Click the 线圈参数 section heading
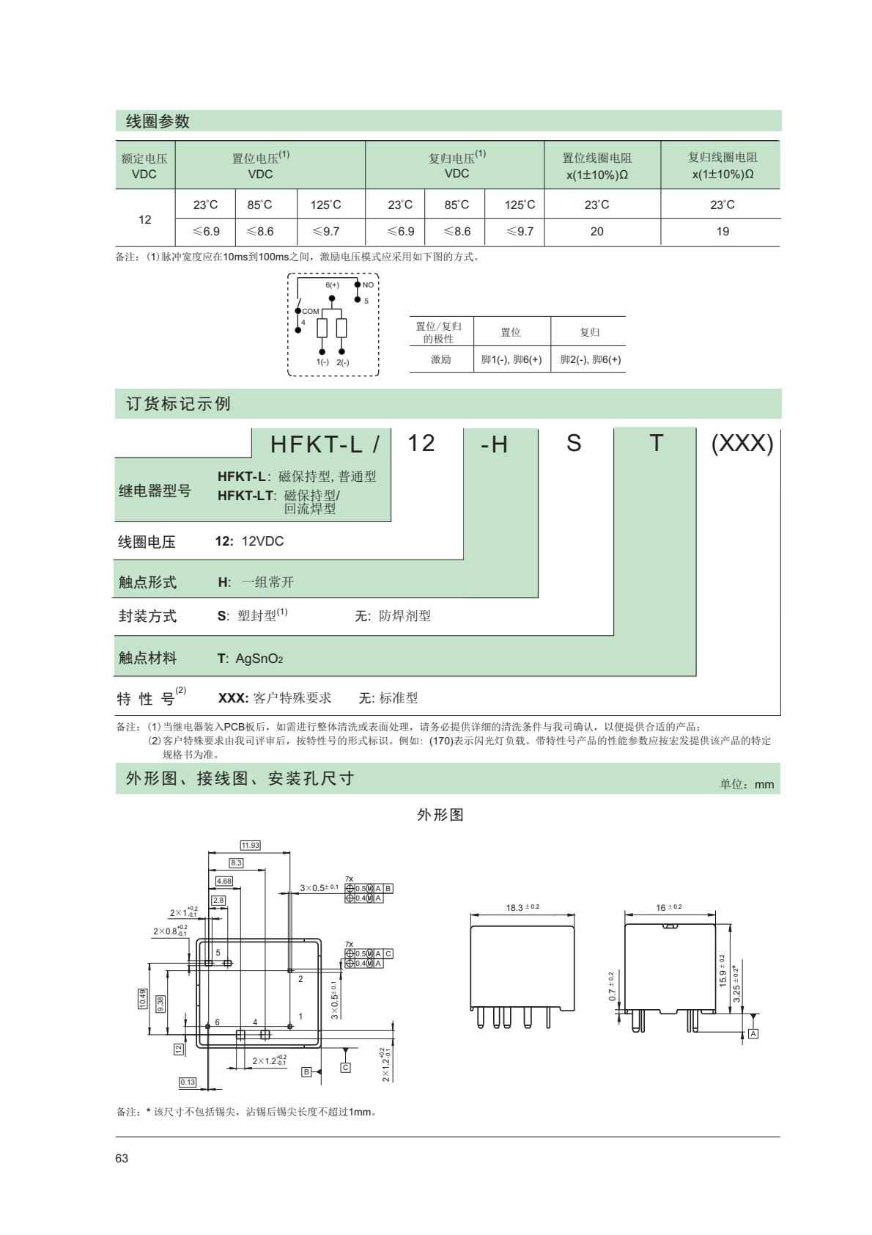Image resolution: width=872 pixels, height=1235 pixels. [x=158, y=122]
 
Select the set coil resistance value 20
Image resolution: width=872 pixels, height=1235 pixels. [x=597, y=232]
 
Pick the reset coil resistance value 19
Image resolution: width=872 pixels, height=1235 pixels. [x=723, y=232]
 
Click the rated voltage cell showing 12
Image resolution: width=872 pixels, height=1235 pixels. [x=145, y=219]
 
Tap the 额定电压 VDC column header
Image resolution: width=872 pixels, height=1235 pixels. [x=144, y=166]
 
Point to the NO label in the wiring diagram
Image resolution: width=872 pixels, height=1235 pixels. [x=368, y=285]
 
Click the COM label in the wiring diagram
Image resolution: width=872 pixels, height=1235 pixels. [x=311, y=311]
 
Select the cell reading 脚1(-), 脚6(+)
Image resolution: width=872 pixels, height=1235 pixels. [x=511, y=359]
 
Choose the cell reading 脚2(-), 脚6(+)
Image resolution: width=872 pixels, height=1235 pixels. [x=591, y=359]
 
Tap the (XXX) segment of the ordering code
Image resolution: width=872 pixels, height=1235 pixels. [x=742, y=444]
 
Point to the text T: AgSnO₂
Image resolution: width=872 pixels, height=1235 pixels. [x=250, y=659]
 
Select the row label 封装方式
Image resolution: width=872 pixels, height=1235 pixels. [x=147, y=616]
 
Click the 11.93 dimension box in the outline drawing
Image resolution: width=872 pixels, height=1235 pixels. [x=250, y=846]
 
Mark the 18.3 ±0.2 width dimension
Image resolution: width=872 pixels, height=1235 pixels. [x=522, y=907]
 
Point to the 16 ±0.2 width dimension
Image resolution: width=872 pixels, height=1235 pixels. [x=669, y=907]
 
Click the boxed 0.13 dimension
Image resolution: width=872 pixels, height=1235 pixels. [x=188, y=1082]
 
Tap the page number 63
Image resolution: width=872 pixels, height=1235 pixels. [x=122, y=1159]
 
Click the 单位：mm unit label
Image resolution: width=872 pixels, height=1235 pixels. [x=747, y=784]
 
